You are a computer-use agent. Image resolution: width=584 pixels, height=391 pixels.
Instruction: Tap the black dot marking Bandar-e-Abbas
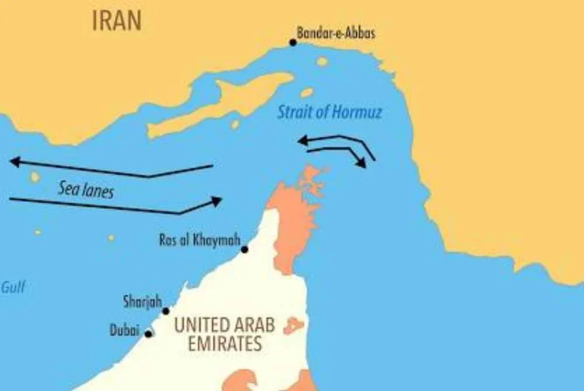click(293, 42)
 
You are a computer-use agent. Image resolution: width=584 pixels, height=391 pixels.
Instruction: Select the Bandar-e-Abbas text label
click(336, 33)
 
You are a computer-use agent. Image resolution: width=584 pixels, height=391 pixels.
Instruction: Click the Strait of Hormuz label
click(329, 111)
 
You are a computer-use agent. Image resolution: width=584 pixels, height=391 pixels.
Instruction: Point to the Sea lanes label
click(86, 189)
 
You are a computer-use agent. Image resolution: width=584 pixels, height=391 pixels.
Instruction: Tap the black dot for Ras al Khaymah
click(245, 249)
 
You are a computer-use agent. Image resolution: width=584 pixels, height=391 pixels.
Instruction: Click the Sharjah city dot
click(166, 311)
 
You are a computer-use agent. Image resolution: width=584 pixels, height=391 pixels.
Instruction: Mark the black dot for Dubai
click(148, 334)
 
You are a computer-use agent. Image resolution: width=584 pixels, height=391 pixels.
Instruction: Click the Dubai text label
click(124, 330)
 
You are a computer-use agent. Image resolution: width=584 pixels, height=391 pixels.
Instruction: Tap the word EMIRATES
click(225, 344)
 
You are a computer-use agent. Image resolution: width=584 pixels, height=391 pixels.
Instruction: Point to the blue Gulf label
click(13, 287)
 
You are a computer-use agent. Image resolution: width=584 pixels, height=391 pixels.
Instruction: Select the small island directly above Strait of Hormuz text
click(307, 92)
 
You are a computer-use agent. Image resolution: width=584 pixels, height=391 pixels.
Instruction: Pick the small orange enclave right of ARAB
click(293, 326)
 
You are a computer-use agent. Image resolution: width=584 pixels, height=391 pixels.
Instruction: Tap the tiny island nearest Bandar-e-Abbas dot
click(322, 61)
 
